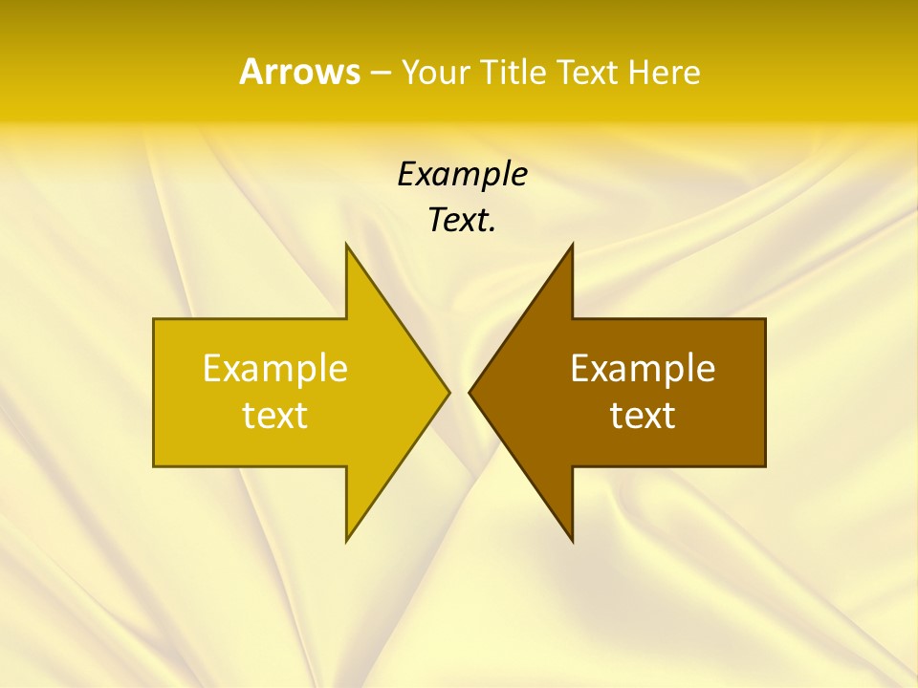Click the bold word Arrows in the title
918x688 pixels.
pyautogui.click(x=298, y=72)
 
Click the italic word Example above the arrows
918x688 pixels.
pyautogui.click(x=462, y=175)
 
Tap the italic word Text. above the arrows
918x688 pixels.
pyautogui.click(x=460, y=221)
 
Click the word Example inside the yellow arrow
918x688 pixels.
pyautogui.click(x=275, y=368)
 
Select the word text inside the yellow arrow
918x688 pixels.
pyautogui.click(x=275, y=416)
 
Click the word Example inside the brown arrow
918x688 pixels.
pyautogui.click(x=643, y=368)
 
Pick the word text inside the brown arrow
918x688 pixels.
pyautogui.click(x=643, y=416)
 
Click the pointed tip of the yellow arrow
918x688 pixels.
pyautogui.click(x=448, y=392)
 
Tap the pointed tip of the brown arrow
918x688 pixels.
pyautogui.click(x=470, y=392)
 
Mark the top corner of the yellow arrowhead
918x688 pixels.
pyautogui.click(x=347, y=246)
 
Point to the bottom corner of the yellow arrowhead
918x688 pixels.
pyautogui.click(x=347, y=540)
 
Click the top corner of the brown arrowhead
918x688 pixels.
pyautogui.click(x=571, y=246)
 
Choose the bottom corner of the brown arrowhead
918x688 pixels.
pyautogui.click(x=571, y=540)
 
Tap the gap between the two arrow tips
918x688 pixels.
pyautogui.click(x=459, y=392)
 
